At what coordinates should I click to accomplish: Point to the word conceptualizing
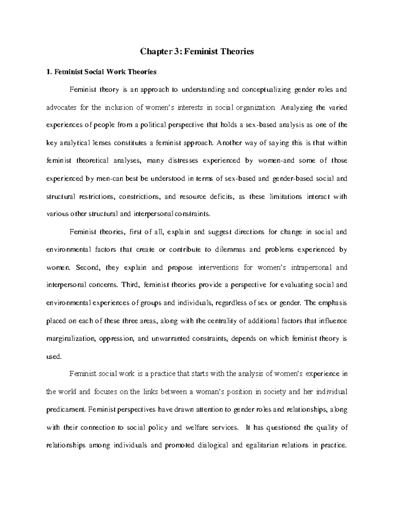pos(266,90)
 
